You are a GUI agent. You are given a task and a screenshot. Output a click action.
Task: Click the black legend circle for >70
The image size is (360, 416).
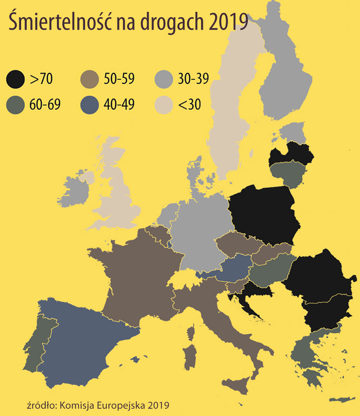pos(16,79)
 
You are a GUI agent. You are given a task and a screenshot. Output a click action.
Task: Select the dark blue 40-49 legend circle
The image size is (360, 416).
pos(90,105)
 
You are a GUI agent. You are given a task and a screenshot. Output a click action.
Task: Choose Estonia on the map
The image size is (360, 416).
pos(292,133)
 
